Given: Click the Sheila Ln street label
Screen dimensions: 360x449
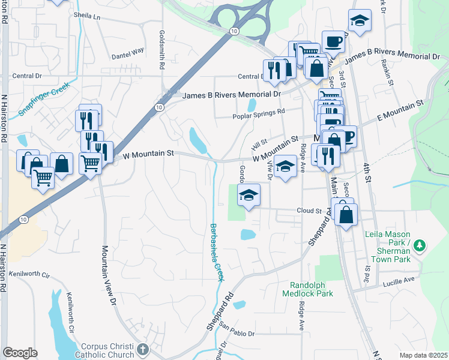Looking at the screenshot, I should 87,15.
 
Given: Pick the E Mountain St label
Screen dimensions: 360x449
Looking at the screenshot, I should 400,112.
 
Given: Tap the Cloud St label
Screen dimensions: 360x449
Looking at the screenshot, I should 309,211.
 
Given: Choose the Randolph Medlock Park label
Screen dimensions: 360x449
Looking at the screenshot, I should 312,289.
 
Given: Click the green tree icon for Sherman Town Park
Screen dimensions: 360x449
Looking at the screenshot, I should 421,245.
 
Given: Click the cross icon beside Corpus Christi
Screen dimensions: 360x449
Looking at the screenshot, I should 142,348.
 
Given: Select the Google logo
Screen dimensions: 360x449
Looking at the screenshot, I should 20,353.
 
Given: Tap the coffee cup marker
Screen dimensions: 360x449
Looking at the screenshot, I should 333,42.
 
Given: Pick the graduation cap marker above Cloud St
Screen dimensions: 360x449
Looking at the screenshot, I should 249,194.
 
